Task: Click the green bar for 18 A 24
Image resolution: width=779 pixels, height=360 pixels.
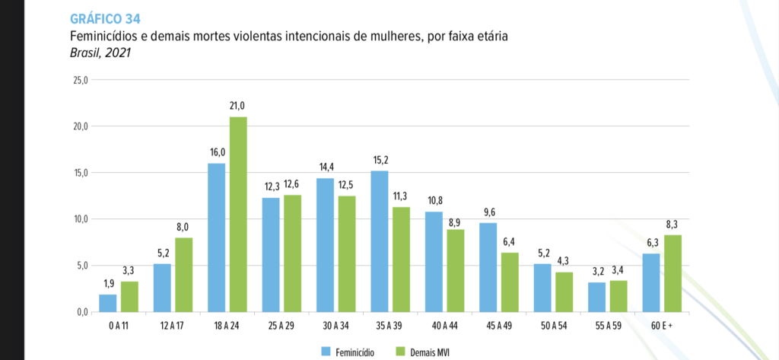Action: click(238, 215)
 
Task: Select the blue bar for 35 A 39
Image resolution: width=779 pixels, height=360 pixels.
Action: click(380, 241)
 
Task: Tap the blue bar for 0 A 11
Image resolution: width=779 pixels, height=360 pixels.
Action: click(107, 303)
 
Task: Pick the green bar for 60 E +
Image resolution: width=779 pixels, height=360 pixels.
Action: click(672, 273)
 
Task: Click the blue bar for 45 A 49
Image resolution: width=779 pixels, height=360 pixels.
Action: click(488, 267)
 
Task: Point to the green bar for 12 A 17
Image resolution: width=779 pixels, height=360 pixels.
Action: click(184, 275)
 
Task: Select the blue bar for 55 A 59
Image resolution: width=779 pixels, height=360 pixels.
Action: click(597, 297)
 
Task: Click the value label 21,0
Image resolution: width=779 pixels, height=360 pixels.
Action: click(238, 106)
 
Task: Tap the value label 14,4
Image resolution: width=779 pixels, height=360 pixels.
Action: click(325, 167)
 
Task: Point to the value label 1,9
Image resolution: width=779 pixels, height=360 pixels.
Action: click(107, 284)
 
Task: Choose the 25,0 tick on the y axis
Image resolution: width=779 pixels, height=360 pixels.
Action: click(80, 79)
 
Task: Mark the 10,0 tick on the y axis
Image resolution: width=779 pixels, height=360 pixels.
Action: click(80, 219)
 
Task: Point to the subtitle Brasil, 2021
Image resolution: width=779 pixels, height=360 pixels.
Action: click(101, 53)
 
